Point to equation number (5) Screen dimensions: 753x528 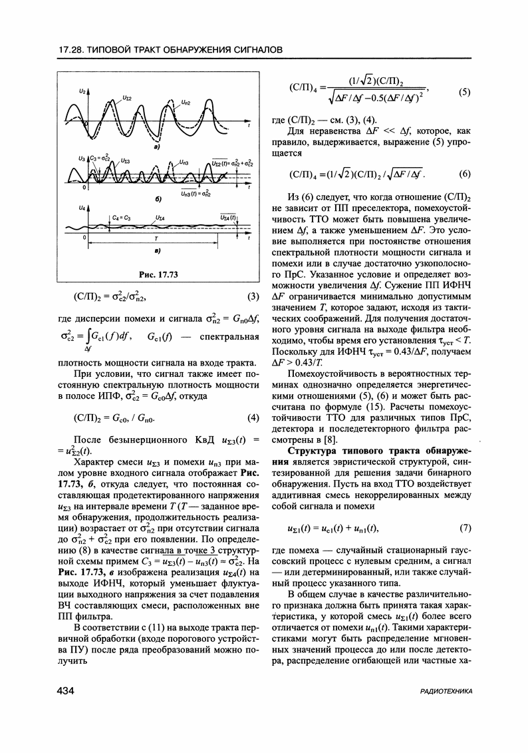[465, 92]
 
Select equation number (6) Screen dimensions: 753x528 [465, 174]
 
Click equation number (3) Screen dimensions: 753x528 [253, 296]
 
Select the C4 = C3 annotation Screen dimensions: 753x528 [122, 217]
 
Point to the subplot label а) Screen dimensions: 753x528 [155, 146]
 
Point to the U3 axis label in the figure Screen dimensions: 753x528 [81, 160]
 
